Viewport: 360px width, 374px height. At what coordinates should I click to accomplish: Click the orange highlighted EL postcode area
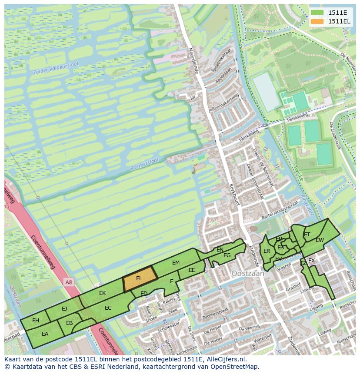tap(140, 278)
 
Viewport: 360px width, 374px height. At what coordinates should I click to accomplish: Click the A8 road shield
tap(69, 282)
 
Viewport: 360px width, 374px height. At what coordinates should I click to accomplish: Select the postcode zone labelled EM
tap(176, 263)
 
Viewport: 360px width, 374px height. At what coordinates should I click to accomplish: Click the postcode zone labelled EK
tap(102, 293)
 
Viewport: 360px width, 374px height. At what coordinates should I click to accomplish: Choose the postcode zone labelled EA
tap(45, 334)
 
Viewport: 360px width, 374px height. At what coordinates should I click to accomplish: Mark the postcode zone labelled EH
tap(36, 321)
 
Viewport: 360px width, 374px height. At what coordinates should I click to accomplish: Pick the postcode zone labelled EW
tap(320, 240)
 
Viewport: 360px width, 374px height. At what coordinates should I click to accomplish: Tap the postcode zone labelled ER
tap(267, 251)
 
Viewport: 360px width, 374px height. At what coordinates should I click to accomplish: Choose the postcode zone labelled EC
tap(108, 308)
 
